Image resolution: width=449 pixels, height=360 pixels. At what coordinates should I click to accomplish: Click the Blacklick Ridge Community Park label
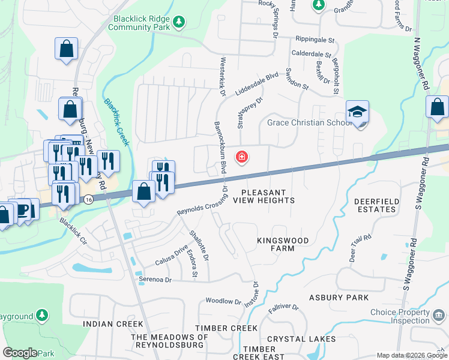[x=140, y=23]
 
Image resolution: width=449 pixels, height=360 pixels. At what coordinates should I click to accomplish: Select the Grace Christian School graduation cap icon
[x=357, y=112]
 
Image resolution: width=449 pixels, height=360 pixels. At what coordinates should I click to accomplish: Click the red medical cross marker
[x=241, y=158]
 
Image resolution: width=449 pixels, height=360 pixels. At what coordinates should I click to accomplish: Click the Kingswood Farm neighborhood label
[x=283, y=244]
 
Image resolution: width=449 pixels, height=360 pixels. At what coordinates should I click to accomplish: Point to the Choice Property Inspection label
[x=399, y=316]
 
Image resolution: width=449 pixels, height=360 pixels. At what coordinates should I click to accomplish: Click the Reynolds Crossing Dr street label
[x=202, y=203]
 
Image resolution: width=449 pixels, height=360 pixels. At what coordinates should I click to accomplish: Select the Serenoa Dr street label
[x=155, y=280]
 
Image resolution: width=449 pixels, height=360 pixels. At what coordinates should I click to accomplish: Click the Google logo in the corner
[x=20, y=353]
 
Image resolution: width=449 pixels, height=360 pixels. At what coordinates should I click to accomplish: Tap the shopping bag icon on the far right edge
[x=438, y=107]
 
